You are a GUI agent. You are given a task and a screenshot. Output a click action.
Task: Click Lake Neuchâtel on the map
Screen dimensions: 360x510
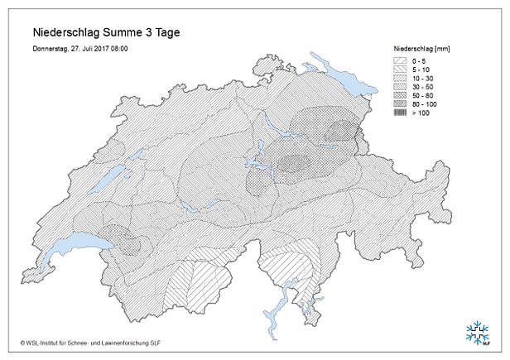pos(106,184)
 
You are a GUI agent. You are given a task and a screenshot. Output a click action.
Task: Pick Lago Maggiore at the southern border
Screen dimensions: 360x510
pos(289,290)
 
